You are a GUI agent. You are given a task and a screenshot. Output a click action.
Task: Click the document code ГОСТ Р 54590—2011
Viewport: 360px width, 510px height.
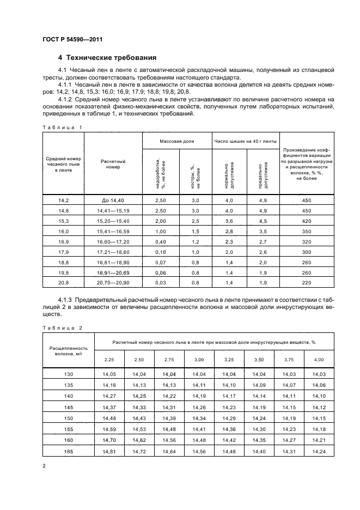pyautogui.click(x=72, y=40)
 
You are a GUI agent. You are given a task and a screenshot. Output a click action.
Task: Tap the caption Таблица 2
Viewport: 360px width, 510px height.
pyautogui.click(x=62, y=328)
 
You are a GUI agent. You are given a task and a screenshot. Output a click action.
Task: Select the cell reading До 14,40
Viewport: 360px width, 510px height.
pyautogui.click(x=113, y=201)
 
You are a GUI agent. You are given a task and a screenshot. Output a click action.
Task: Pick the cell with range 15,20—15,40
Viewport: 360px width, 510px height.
pyautogui.click(x=113, y=221)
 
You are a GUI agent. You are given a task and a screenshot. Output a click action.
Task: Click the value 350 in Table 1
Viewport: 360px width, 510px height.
pyautogui.click(x=306, y=231)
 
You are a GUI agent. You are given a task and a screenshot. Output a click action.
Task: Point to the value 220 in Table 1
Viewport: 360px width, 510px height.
pyautogui.click(x=306, y=282)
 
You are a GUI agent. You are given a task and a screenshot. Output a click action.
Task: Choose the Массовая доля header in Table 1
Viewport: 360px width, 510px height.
pyautogui.click(x=177, y=140)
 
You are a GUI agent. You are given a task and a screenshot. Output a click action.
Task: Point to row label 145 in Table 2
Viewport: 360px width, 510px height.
pyautogui.click(x=69, y=407)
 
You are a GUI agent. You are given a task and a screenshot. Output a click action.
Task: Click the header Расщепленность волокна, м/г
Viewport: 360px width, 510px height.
pyautogui.click(x=69, y=349)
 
